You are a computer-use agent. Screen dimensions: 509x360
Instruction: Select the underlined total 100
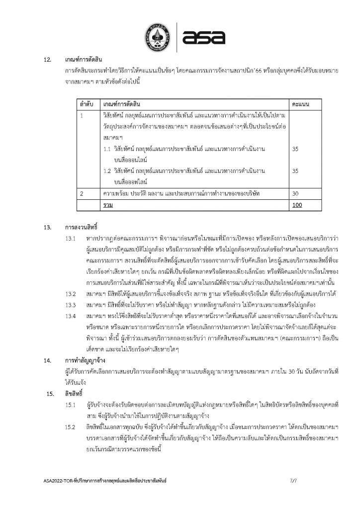(x=297, y=204)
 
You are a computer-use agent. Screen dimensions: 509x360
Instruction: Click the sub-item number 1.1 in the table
(x=107, y=149)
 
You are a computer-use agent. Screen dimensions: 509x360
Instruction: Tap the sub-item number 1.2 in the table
(x=107, y=170)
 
